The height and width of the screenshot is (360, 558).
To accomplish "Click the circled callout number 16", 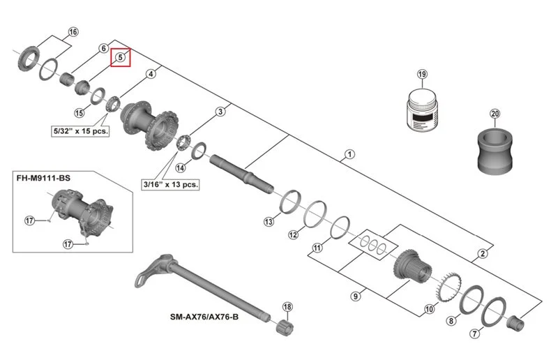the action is pyautogui.click(x=73, y=32).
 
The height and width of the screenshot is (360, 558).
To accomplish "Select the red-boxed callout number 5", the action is pyautogui.click(x=120, y=57).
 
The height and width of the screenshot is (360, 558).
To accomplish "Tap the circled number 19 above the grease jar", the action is pyautogui.click(x=422, y=74).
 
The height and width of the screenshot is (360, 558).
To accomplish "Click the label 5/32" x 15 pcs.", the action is pyautogui.click(x=80, y=131).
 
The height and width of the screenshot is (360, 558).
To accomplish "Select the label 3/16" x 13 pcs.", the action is pyautogui.click(x=170, y=184).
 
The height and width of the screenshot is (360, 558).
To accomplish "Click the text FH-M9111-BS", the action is pyautogui.click(x=43, y=178).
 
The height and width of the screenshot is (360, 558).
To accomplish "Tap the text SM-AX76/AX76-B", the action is pyautogui.click(x=204, y=317).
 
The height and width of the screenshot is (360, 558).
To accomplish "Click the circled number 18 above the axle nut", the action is pyautogui.click(x=287, y=306).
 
